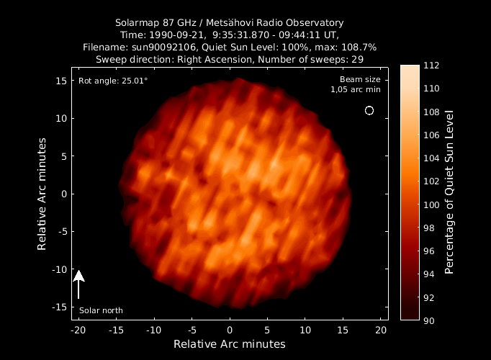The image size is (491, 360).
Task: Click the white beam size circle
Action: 369,110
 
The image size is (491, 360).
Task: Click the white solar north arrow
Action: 79,284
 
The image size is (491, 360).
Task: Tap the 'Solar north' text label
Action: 101,310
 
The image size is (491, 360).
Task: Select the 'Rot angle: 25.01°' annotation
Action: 113,81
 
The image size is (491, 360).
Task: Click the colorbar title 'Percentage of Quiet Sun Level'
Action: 449,192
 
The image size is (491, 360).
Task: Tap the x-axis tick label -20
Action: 78,330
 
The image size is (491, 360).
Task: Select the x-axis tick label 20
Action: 382,330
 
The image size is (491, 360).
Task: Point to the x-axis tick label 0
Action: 230,330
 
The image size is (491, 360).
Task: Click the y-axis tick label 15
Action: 60,81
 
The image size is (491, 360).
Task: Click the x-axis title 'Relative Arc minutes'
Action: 230,343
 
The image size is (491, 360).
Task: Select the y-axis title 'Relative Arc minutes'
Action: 42,194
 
